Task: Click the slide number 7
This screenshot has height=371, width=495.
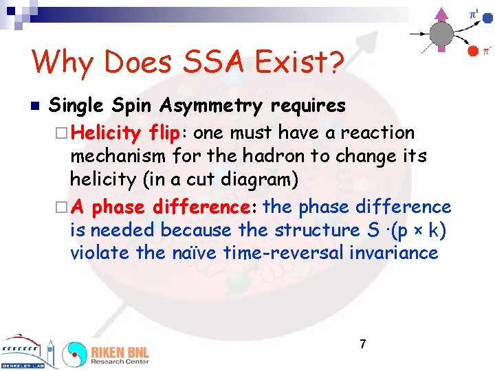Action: pyautogui.click(x=362, y=344)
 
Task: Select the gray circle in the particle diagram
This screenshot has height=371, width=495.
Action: pyautogui.click(x=441, y=33)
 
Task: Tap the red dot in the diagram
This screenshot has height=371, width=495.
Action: pyautogui.click(x=472, y=50)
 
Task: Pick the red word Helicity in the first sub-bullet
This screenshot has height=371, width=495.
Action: pyautogui.click(x=107, y=133)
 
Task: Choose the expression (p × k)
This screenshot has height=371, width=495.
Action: pyautogui.click(x=414, y=230)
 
